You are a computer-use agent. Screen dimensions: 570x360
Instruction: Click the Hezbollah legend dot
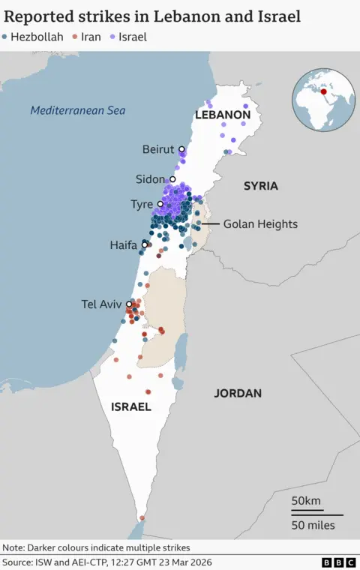(x=5, y=36)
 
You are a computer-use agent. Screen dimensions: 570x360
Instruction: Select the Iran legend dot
(x=74, y=36)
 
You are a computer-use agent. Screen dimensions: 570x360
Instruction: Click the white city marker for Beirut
(x=181, y=149)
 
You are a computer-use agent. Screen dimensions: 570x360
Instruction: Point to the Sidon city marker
(x=172, y=179)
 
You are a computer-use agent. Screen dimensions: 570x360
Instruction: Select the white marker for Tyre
(x=160, y=204)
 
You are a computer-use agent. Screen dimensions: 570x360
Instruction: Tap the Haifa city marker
(x=145, y=244)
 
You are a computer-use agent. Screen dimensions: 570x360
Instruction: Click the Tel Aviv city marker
(x=129, y=304)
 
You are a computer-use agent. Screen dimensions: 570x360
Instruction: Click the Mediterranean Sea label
(x=77, y=111)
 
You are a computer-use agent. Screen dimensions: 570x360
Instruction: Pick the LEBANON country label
(x=222, y=115)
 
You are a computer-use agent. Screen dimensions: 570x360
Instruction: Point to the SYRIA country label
(x=260, y=185)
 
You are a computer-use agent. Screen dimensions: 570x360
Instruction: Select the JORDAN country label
(x=238, y=393)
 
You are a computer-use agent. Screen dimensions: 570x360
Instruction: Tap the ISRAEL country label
(x=130, y=407)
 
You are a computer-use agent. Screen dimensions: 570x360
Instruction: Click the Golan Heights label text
(x=260, y=224)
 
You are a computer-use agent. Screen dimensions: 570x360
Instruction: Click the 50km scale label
(x=306, y=500)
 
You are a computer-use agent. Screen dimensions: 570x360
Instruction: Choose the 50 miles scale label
(x=313, y=525)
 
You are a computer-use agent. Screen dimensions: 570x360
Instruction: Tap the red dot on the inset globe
(x=324, y=92)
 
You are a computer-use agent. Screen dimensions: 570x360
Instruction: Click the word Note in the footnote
(x=14, y=547)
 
